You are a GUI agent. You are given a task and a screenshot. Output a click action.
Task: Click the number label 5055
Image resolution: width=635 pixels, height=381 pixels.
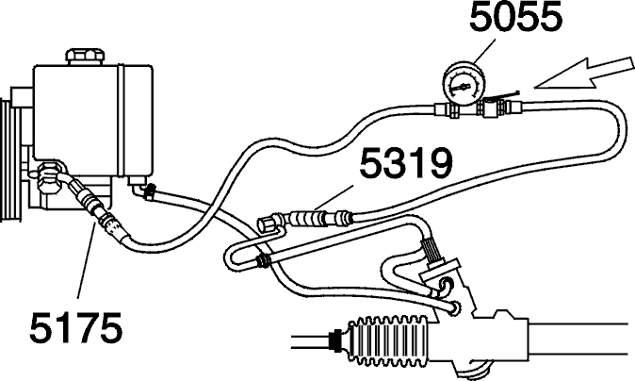(x=516, y=17)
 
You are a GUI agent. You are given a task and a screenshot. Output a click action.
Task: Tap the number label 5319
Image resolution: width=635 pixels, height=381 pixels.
(x=406, y=163)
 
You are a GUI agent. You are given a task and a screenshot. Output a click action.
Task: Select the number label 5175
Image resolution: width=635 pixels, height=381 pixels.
(x=76, y=327)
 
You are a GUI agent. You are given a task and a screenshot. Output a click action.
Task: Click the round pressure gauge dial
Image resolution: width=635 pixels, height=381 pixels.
(x=464, y=84)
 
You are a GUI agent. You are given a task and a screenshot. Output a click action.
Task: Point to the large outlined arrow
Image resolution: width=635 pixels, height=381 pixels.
(x=583, y=73)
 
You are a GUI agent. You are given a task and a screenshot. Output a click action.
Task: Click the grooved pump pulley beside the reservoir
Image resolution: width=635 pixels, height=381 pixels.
(x=8, y=160)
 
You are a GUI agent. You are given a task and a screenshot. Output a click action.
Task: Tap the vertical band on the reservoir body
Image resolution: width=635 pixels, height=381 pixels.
(x=121, y=120)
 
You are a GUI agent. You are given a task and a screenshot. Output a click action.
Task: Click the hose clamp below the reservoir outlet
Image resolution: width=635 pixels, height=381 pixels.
(x=150, y=190)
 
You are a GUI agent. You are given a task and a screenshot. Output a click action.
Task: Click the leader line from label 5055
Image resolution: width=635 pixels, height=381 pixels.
(x=484, y=51)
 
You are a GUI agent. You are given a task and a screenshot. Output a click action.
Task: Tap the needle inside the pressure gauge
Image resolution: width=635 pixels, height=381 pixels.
(x=462, y=87)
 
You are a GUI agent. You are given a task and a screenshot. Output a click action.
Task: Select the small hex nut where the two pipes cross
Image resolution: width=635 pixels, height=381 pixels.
(x=263, y=260)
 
